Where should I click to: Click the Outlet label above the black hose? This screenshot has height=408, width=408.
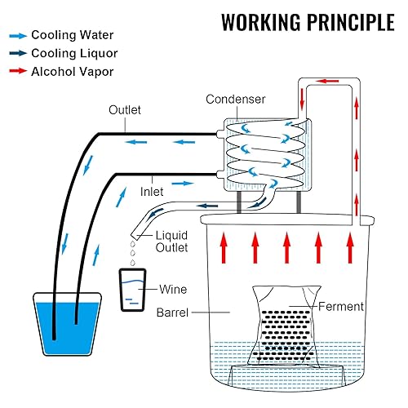[126, 110]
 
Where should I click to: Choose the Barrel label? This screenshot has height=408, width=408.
[174, 311]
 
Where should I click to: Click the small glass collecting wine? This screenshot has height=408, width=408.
[133, 290]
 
